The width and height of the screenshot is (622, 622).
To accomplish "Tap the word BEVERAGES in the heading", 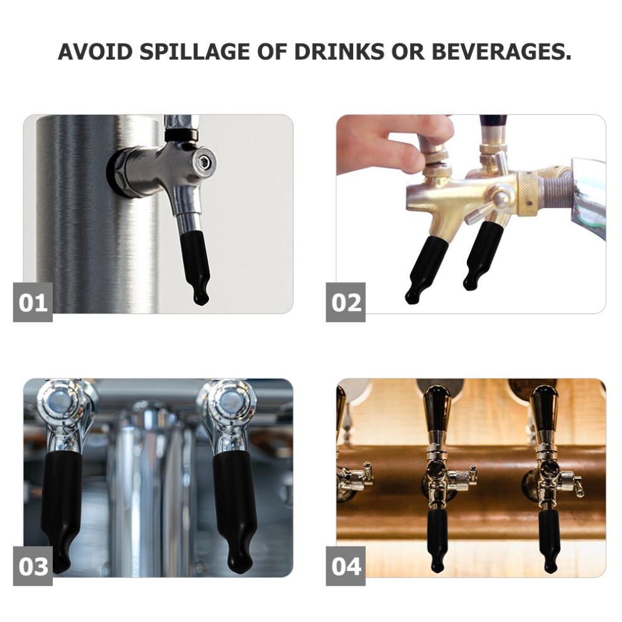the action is (x=501, y=52).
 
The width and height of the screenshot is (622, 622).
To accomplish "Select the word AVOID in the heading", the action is (x=95, y=52).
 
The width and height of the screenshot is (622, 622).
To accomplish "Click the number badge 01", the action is (x=33, y=302).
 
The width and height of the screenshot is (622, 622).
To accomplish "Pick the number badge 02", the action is (x=346, y=302).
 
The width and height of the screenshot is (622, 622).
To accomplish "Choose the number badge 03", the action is (x=33, y=566).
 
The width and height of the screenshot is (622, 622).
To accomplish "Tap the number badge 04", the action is (x=346, y=566).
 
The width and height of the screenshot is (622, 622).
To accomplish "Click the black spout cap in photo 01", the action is (x=195, y=268).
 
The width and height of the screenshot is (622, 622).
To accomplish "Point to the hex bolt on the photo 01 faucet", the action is (x=205, y=161).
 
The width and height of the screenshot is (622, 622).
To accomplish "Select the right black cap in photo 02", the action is (x=483, y=256).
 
